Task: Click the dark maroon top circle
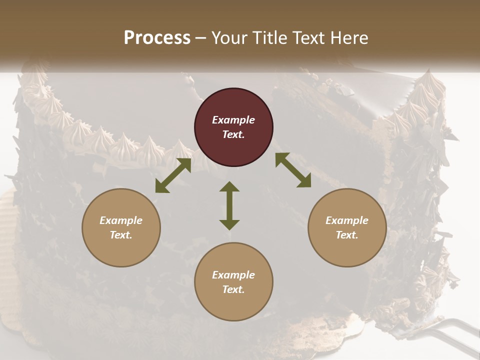pyautogui.click(x=233, y=127)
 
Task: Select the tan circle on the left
pyautogui.click(x=121, y=227)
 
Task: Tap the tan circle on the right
pyautogui.click(x=347, y=227)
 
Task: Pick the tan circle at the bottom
pyautogui.click(x=233, y=282)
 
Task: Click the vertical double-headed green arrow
pyautogui.click(x=229, y=205)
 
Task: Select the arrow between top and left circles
pyautogui.click(x=173, y=175)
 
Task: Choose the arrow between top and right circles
pyautogui.click(x=293, y=170)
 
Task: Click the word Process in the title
pyautogui.click(x=157, y=38)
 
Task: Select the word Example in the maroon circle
pyautogui.click(x=233, y=120)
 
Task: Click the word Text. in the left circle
pyautogui.click(x=121, y=235)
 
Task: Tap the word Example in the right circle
pyautogui.click(x=347, y=220)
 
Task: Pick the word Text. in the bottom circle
pyautogui.click(x=233, y=289)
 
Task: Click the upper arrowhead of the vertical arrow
pyautogui.click(x=229, y=187)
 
